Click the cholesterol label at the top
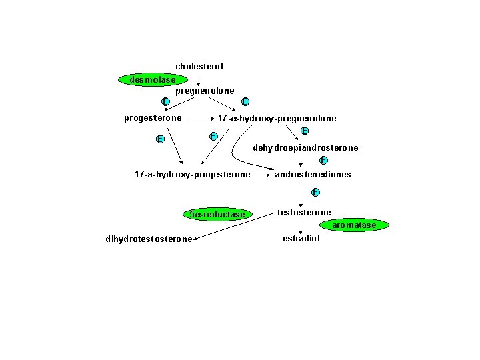(199, 67)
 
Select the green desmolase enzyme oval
(153, 80)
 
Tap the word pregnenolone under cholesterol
(205, 91)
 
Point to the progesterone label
(153, 118)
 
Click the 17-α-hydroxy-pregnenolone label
(277, 119)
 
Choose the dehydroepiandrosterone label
(305, 147)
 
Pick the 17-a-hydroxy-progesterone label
(192, 175)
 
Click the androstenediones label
(313, 175)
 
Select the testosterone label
(303, 213)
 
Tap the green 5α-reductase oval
(217, 215)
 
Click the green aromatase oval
(354, 225)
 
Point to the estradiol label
(301, 239)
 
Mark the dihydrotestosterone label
(149, 239)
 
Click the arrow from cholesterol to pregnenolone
(199, 78)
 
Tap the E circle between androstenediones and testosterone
(315, 193)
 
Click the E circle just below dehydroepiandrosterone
(323, 160)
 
